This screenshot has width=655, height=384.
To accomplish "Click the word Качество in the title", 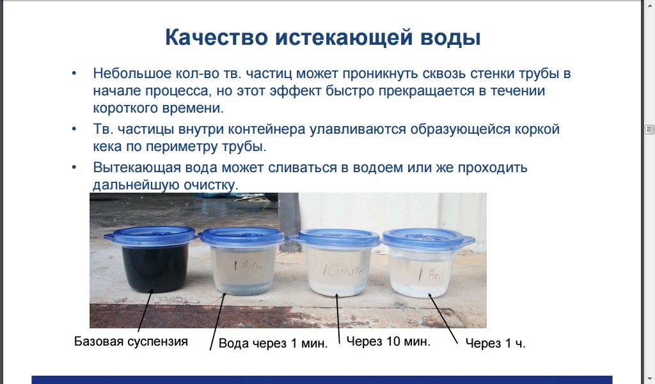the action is tap(216, 37).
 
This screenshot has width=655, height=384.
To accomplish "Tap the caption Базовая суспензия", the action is tap(130, 341).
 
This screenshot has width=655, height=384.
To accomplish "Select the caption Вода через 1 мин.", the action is tap(273, 343).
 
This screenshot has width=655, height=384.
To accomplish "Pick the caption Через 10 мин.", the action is tap(388, 341).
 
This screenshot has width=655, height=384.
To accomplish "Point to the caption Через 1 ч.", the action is tap(496, 343).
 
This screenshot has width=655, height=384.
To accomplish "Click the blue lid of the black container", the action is tap(150, 236).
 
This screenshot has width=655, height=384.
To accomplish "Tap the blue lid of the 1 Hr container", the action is tap(429, 239).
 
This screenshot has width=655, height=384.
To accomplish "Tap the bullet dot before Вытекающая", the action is tap(74, 167).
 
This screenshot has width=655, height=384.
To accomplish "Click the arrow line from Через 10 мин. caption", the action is tap(338, 317).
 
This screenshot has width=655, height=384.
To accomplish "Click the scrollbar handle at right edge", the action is tap(649, 129).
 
